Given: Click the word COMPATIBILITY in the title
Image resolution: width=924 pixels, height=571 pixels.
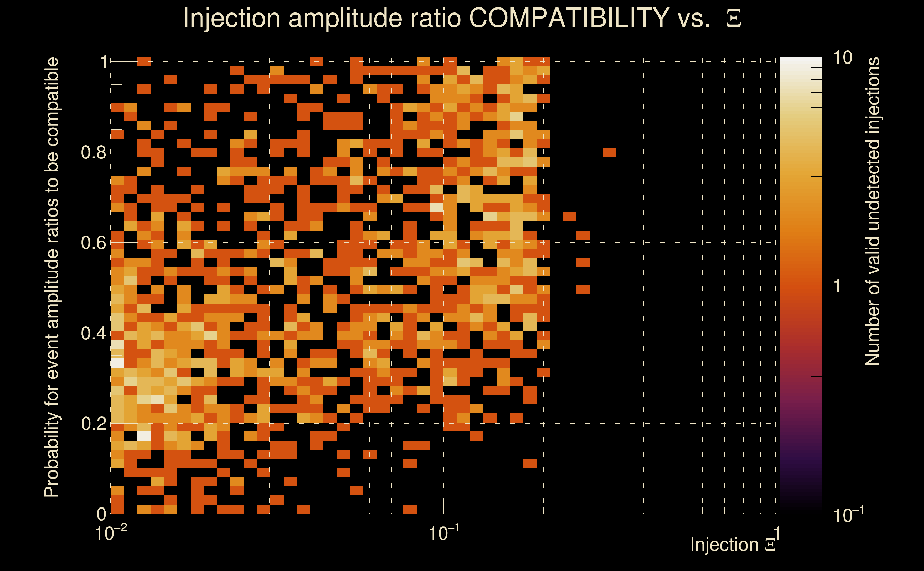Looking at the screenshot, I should pyautogui.click(x=569, y=18).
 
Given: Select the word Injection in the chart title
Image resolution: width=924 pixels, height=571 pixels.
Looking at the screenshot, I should pyautogui.click(x=231, y=18).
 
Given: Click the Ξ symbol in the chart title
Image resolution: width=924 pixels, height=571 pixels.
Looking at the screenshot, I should pyautogui.click(x=734, y=18).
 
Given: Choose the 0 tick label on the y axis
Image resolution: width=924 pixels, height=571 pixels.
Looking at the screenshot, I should pyautogui.click(x=102, y=514).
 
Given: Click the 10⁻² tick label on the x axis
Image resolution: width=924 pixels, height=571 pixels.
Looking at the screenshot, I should pyautogui.click(x=110, y=533).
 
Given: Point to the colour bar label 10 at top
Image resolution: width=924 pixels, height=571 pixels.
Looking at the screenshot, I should pyautogui.click(x=842, y=58).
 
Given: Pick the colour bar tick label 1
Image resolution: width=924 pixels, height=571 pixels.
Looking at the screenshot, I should pyautogui.click(x=837, y=286).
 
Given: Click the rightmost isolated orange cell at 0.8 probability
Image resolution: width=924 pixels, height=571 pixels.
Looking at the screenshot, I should pyautogui.click(x=610, y=153).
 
